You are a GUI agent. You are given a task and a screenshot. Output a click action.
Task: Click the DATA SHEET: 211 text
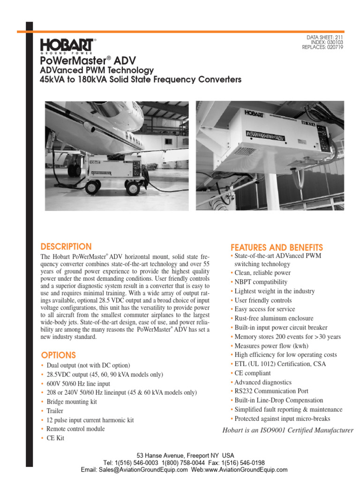click(325, 37)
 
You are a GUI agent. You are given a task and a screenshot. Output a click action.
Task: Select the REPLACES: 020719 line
click(322, 47)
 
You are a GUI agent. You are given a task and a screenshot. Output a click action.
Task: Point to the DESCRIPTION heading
click(66, 247)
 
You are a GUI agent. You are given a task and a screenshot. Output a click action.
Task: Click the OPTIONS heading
click(58, 355)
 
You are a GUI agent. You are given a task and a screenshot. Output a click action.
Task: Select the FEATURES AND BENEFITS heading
click(277, 247)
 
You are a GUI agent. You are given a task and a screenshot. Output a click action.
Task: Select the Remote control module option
click(75, 429)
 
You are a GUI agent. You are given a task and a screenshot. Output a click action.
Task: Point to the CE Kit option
click(55, 438)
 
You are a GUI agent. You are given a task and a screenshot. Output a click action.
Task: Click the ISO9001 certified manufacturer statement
click(288, 430)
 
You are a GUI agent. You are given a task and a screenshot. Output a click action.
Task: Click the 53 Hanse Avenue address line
click(185, 455)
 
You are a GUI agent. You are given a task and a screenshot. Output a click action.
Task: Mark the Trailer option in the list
click(54, 411)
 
